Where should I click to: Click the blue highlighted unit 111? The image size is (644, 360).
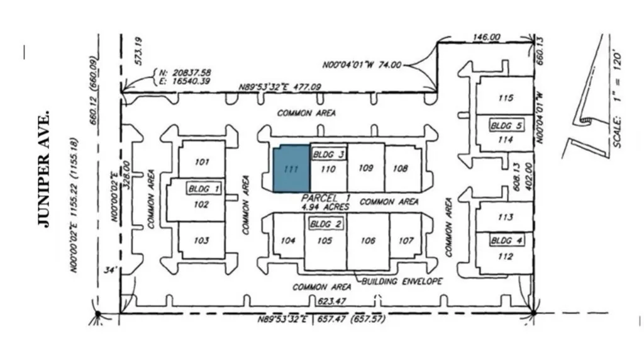click(x=291, y=169)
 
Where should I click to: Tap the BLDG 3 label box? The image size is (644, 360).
click(x=328, y=154)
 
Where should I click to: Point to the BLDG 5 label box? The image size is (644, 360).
click(x=506, y=126)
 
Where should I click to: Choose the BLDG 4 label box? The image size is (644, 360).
click(x=506, y=241)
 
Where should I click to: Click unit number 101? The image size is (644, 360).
click(x=201, y=162)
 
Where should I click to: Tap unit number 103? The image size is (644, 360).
click(x=201, y=241)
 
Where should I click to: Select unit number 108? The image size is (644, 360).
click(x=400, y=169)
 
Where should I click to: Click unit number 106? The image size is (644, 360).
click(x=368, y=241)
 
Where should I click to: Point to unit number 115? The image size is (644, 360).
click(x=505, y=98)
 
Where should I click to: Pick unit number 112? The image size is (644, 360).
click(x=505, y=257)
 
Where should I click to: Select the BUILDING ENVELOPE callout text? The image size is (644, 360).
click(x=401, y=281)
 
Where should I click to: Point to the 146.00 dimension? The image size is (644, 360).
click(x=486, y=38)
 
